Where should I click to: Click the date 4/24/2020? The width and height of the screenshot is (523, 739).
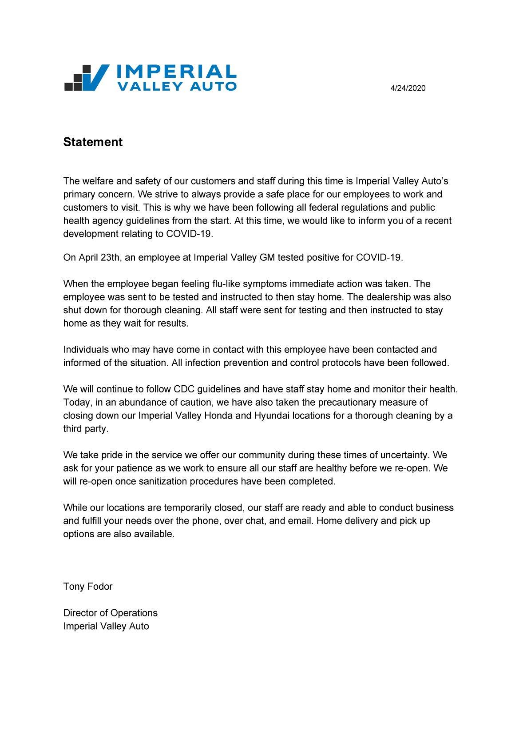408,88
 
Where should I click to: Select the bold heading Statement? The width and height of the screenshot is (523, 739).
93,142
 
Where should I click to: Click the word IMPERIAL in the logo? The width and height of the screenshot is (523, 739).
176,72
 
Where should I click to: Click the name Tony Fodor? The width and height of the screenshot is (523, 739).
88,587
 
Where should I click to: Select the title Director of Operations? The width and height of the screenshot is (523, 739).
110,613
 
